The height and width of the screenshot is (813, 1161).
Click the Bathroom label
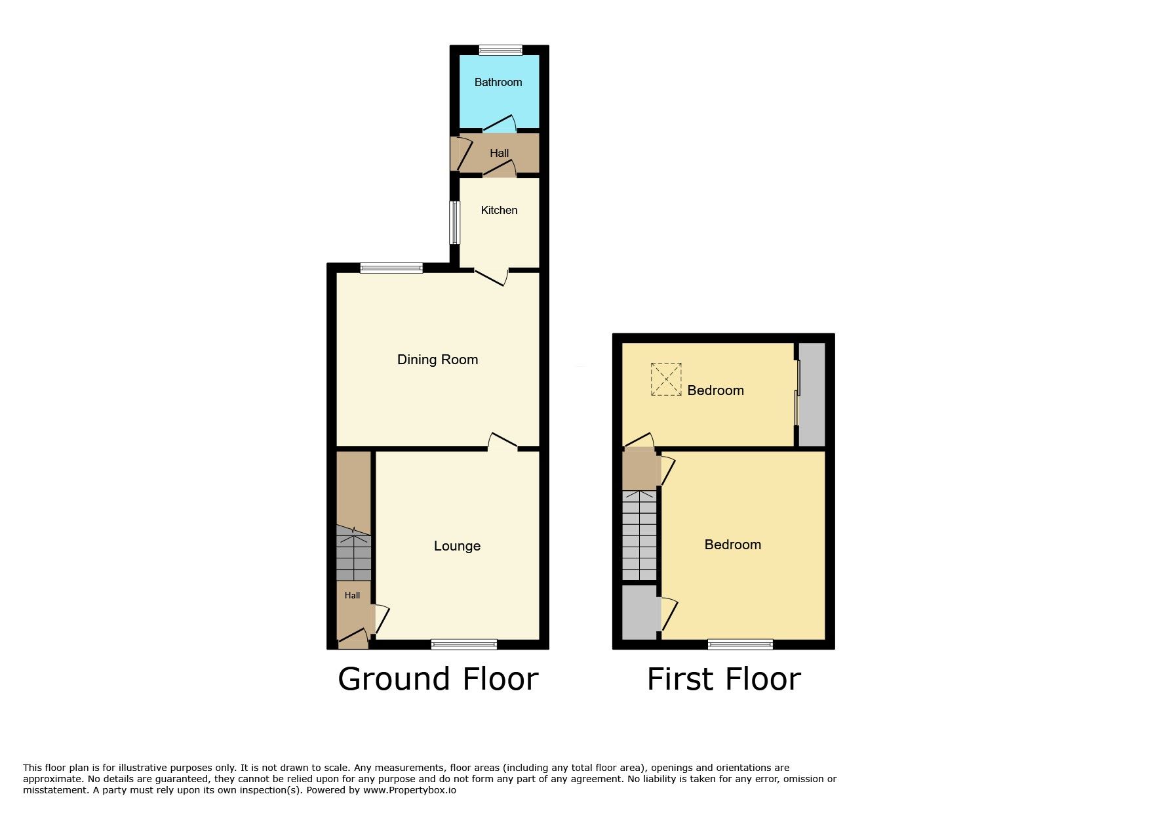(498, 82)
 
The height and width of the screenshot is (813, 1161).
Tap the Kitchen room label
(499, 210)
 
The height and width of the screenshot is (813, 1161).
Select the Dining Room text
(437, 360)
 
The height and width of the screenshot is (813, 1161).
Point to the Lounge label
(457, 546)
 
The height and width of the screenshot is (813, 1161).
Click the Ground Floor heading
(438, 678)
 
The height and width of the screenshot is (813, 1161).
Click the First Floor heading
(724, 678)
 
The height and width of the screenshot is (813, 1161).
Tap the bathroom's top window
(500, 50)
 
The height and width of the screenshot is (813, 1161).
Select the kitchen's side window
(454, 222)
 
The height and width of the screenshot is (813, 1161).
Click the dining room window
(391, 268)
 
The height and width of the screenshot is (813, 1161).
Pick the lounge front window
(463, 644)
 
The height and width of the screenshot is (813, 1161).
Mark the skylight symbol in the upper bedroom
(666, 379)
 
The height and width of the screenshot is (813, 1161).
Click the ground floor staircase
(353, 553)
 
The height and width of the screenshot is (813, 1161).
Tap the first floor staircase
(639, 535)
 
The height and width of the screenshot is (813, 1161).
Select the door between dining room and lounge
(503, 440)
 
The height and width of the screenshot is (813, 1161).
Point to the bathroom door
(500, 123)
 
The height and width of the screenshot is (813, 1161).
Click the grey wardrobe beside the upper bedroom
(812, 394)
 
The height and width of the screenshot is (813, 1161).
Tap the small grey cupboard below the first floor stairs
(639, 612)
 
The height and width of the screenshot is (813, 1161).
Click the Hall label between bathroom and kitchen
(499, 153)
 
